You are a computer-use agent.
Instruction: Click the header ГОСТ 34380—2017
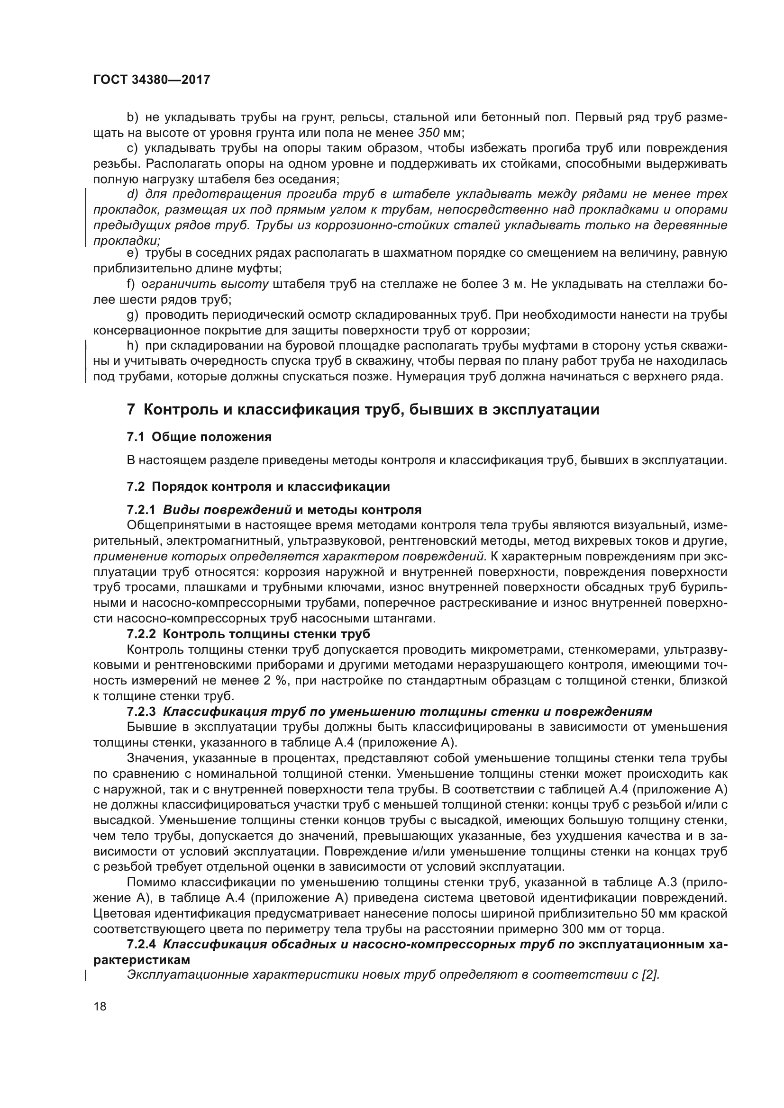[152, 80]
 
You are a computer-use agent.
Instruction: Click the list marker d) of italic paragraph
[132, 195]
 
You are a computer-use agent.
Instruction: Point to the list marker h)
[132, 345]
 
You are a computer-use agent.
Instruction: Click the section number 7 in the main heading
[131, 410]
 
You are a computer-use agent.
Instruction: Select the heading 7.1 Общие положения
[199, 437]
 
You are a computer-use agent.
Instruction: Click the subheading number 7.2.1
[141, 510]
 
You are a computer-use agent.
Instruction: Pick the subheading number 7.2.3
[141, 712]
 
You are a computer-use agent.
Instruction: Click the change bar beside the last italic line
[86, 975]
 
